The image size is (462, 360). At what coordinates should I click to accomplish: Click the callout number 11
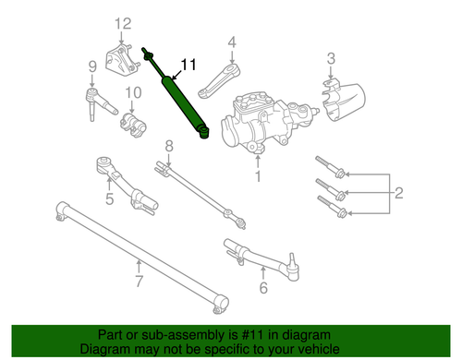tap(188, 65)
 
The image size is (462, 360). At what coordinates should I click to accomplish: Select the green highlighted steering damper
tap(186, 107)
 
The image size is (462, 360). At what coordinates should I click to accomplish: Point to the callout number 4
tap(232, 41)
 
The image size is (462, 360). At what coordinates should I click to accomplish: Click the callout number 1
tap(259, 174)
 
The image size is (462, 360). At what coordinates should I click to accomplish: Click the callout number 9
tap(92, 65)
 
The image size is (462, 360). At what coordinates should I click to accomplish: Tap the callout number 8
tap(169, 145)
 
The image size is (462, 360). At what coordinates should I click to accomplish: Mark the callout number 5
tap(108, 197)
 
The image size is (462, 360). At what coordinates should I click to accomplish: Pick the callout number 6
tap(263, 287)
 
